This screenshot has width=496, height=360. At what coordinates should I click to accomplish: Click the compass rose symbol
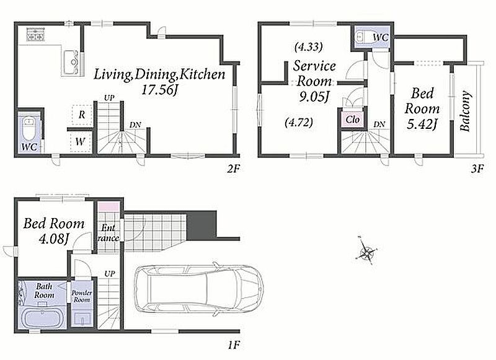click(x=367, y=251)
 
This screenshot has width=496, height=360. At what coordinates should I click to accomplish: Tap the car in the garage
click(x=198, y=289)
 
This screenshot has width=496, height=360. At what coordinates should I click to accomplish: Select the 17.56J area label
click(x=159, y=90)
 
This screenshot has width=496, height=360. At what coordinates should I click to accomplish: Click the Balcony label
click(x=464, y=111)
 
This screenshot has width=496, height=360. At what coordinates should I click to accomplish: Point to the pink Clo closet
click(x=353, y=120)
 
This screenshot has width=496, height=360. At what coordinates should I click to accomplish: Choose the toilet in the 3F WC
click(x=361, y=37)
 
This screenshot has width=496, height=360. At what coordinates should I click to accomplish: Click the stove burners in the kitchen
click(x=35, y=35)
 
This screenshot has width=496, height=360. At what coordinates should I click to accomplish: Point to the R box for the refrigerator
click(x=82, y=115)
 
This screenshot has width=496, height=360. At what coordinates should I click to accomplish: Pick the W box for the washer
click(x=81, y=142)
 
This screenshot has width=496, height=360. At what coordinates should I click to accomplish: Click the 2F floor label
click(x=234, y=169)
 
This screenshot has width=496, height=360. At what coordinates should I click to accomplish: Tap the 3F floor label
click(x=477, y=169)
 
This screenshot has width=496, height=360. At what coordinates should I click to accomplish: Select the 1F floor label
click(x=234, y=345)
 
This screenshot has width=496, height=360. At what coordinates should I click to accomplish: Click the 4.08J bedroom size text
click(x=53, y=239)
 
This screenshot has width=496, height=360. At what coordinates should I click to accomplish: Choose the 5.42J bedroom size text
click(x=422, y=124)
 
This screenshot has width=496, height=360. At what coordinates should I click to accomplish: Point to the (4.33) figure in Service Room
click(x=308, y=47)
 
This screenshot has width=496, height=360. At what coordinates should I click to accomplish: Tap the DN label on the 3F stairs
click(x=379, y=124)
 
